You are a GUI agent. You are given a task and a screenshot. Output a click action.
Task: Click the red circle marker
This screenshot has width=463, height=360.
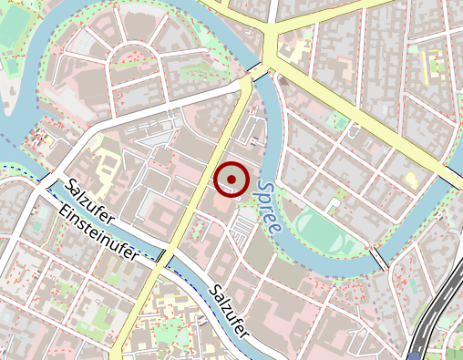(231, 180)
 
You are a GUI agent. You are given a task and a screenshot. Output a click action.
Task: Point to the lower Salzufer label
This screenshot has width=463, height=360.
(229, 311)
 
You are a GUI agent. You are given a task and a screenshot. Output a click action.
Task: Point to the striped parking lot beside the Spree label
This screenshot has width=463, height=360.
(242, 231)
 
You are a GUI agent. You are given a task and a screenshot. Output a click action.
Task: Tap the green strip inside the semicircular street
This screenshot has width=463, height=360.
(137, 61)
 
